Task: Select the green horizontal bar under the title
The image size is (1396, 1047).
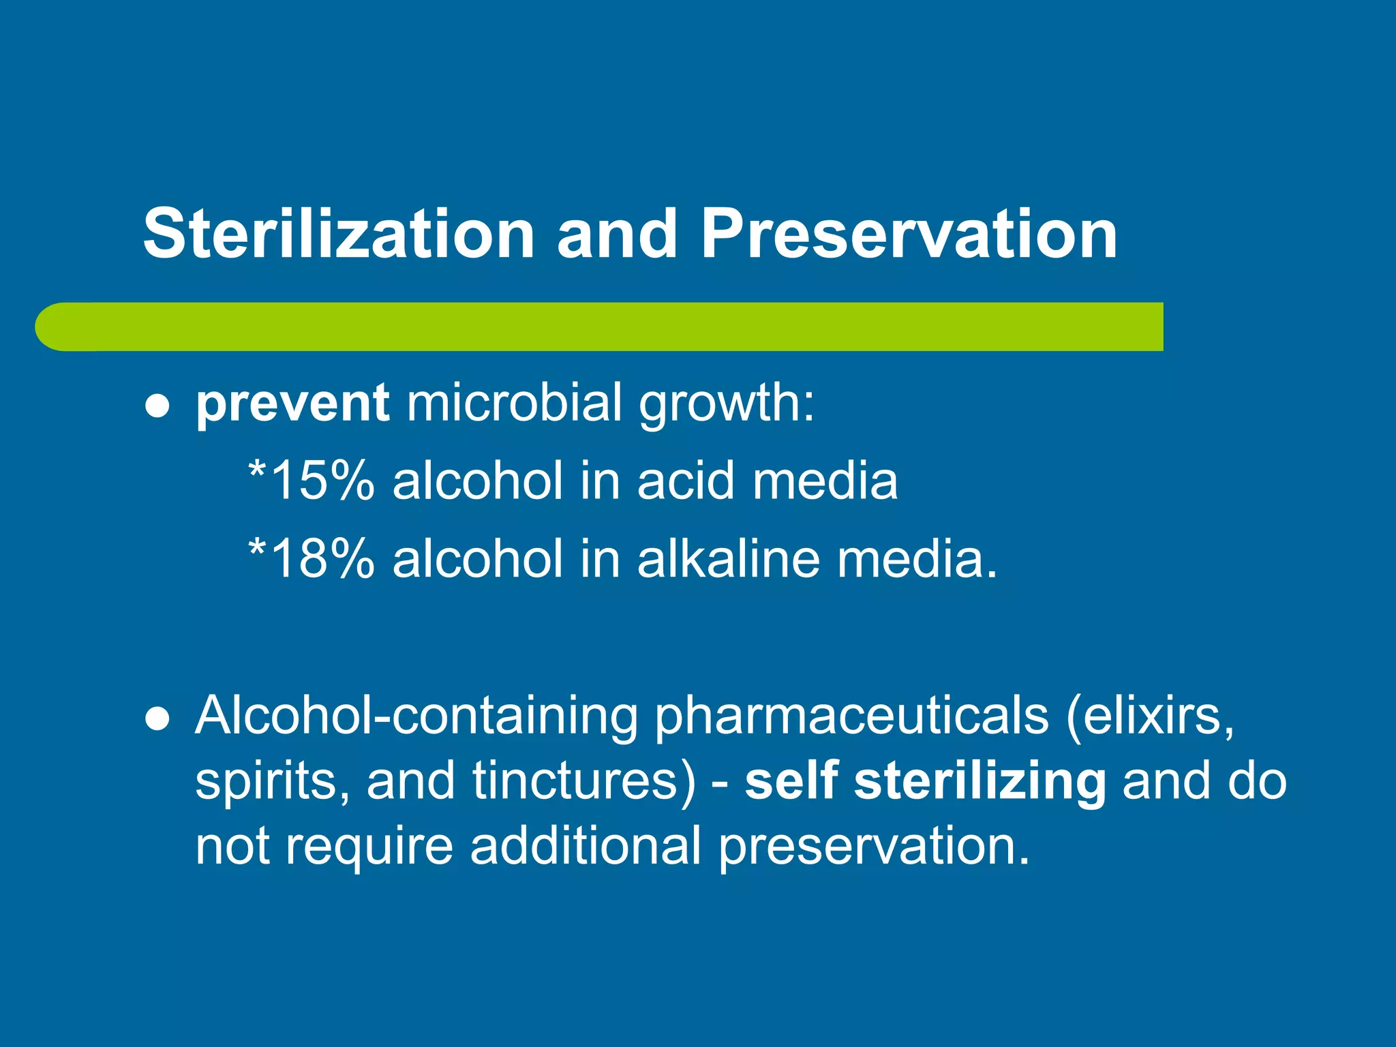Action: tap(600, 327)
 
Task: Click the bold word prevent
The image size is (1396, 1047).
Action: tap(292, 404)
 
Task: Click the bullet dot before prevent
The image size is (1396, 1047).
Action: tap(157, 408)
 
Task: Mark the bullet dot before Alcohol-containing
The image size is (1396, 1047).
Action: tap(157, 721)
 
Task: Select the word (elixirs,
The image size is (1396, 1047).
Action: tap(1151, 716)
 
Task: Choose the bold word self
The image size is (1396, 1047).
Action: tap(791, 781)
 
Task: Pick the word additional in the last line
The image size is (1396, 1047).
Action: tap(586, 846)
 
